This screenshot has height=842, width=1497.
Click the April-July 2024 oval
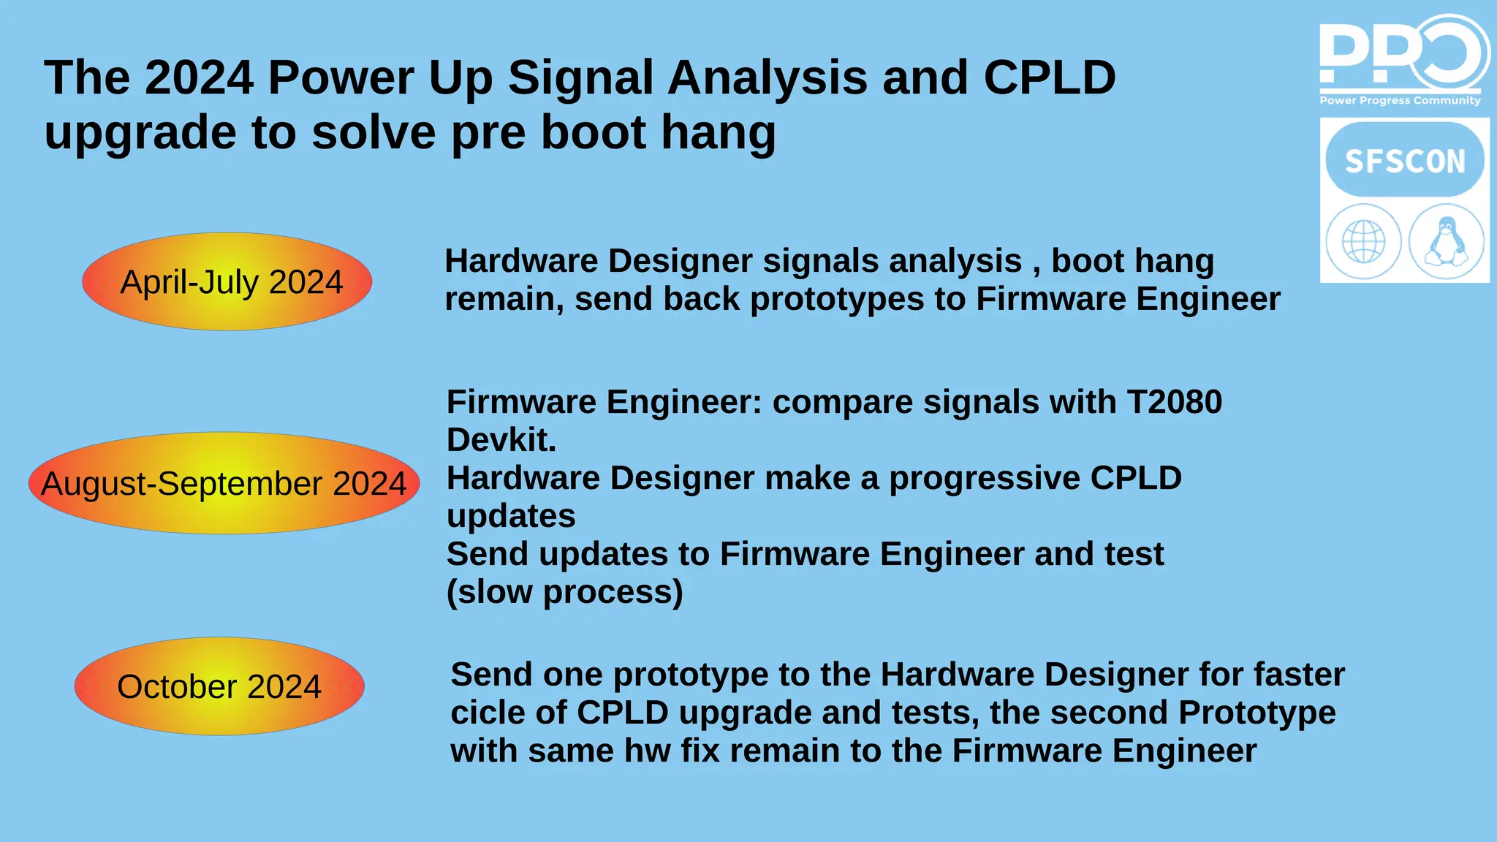coord(227,282)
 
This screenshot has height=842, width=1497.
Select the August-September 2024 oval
coord(224,484)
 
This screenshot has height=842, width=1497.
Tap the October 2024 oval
coord(219,686)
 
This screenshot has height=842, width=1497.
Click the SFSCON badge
coord(1404,161)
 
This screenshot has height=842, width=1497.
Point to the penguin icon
coord(1446,242)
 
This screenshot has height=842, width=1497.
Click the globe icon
coord(1363,242)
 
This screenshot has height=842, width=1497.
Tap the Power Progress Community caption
coord(1400,101)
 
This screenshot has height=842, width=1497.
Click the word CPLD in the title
coord(1049,77)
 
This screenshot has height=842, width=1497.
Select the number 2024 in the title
coord(199,77)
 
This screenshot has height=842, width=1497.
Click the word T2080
coord(1174,402)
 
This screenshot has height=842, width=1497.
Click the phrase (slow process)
coord(564,592)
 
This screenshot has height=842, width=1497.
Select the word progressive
coord(985,478)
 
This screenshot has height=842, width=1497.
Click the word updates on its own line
coord(511,516)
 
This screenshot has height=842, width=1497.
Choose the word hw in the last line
coord(647,751)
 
